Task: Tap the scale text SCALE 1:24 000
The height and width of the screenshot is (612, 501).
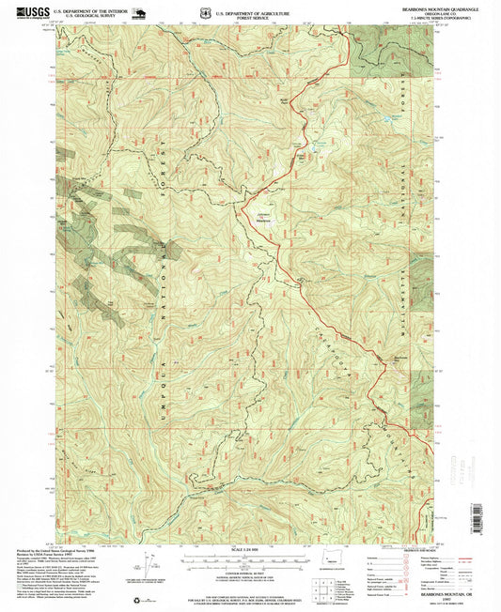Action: click(x=248, y=548)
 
